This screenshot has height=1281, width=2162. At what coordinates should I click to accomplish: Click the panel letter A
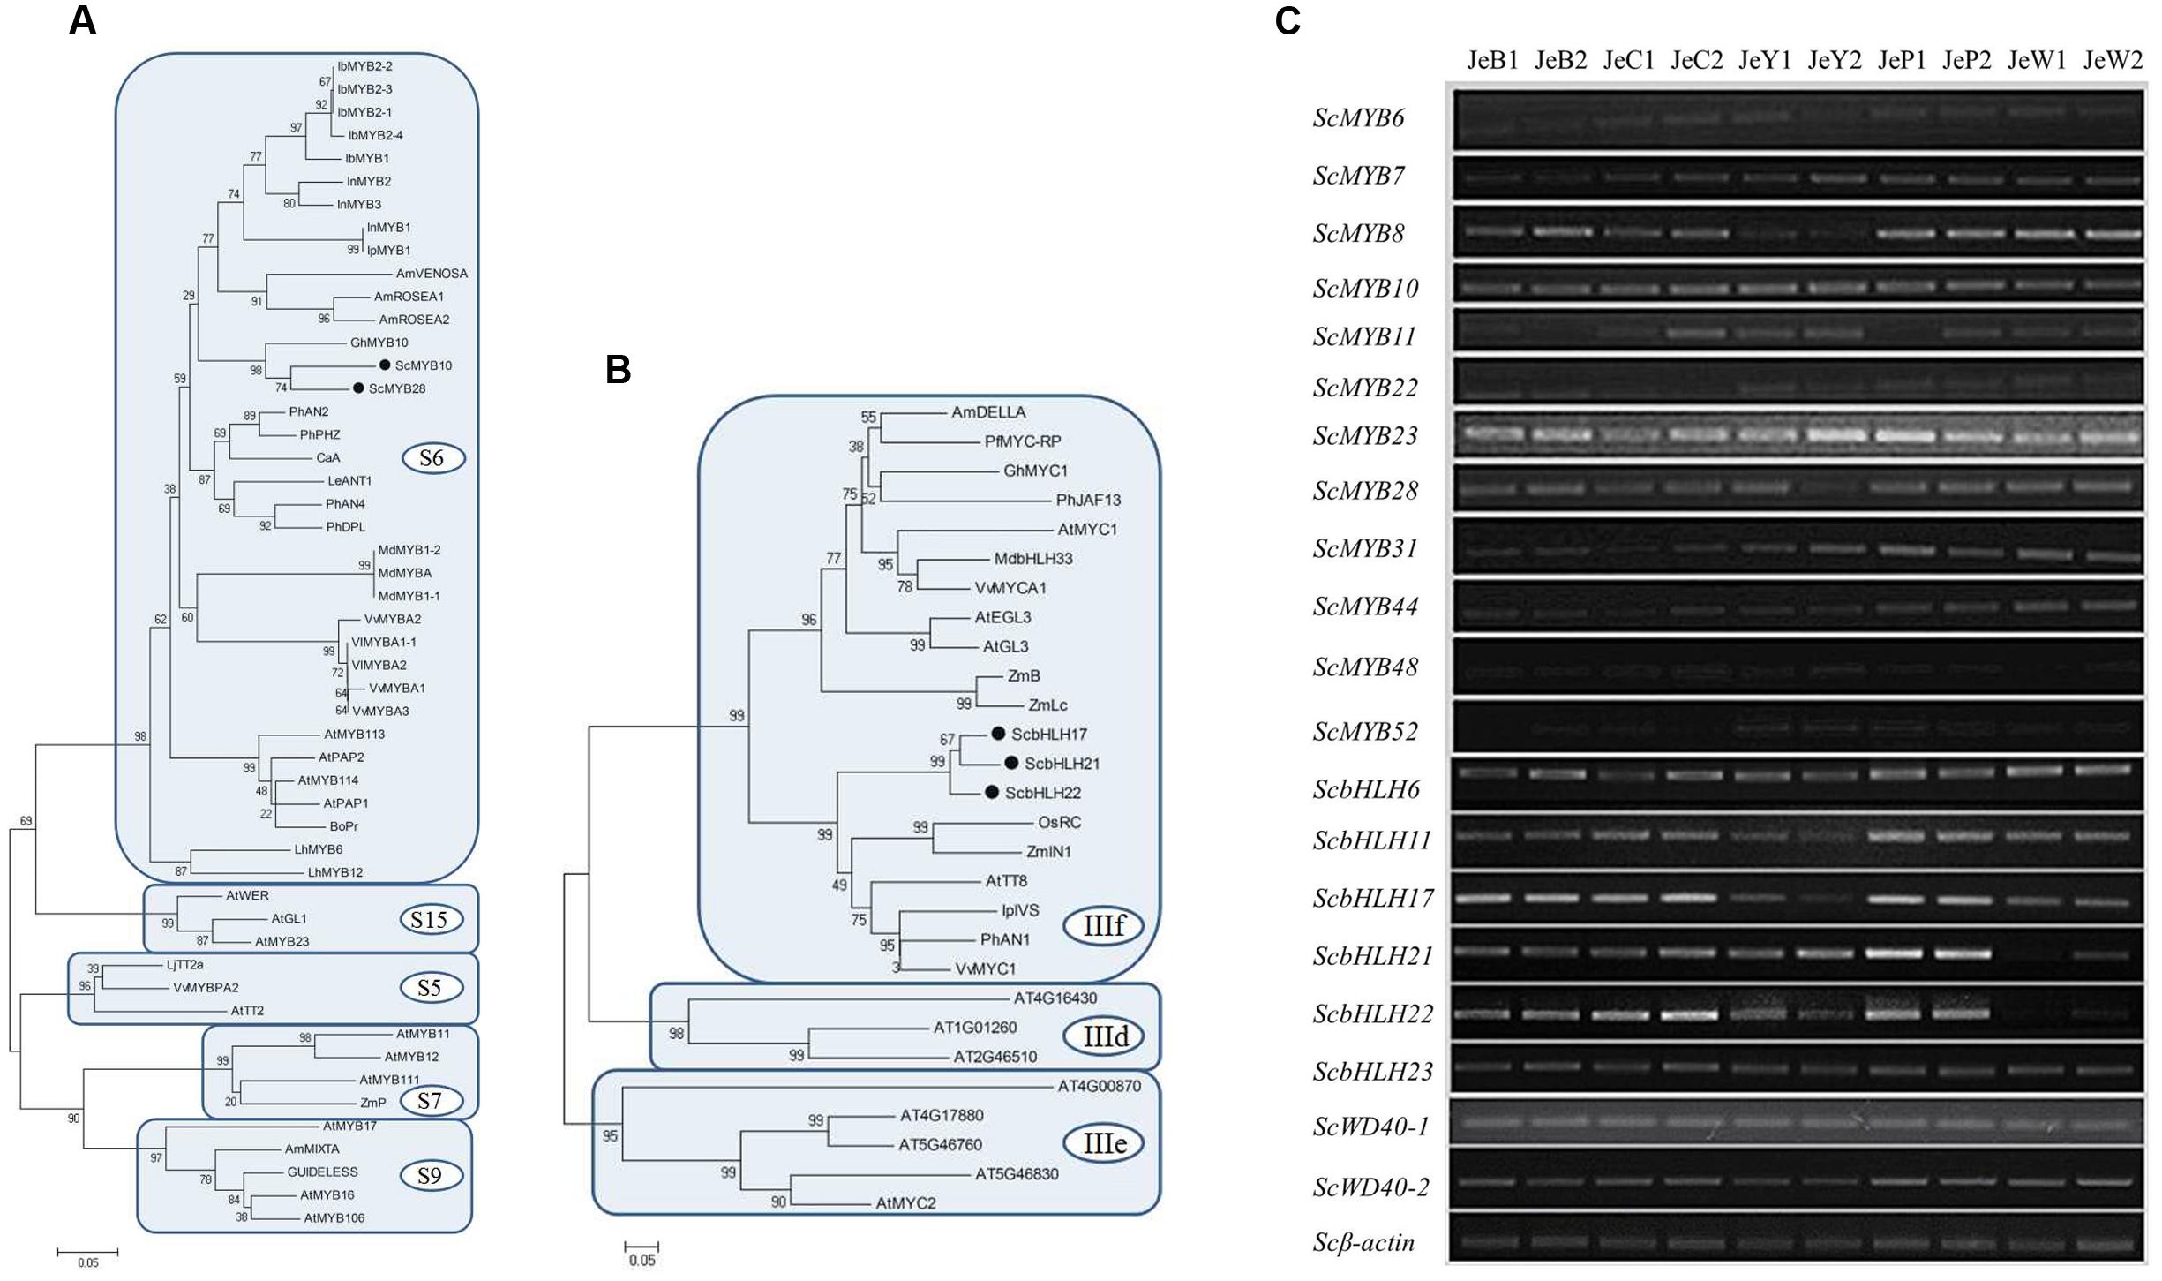coord(82,20)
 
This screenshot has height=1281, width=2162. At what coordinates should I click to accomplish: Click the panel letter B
coord(618,370)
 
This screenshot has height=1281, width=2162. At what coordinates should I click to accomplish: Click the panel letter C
coord(1287,20)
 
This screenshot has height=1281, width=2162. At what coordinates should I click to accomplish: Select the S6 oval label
coord(432,458)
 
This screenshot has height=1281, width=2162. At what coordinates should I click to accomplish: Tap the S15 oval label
coord(429,920)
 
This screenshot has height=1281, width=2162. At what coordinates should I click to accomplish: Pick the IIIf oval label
coord(1103,925)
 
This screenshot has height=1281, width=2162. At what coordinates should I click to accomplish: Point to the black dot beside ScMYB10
coord(385,365)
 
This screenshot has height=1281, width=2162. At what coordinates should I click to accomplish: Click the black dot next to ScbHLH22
coord(992,793)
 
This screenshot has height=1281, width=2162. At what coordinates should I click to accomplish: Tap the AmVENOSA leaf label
coord(432,274)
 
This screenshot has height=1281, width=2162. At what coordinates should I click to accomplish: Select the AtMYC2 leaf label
coord(905,1203)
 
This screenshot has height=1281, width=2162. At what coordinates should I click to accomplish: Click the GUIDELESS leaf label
coord(322,1172)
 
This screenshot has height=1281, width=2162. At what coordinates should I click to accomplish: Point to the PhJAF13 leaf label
coord(1088,501)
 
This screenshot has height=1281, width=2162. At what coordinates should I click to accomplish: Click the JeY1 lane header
coord(1765,60)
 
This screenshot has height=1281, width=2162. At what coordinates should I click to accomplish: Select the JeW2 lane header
coord(2113,60)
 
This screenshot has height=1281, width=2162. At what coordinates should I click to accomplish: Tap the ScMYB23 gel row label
coord(1364,436)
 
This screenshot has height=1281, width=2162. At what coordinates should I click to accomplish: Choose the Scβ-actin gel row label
coord(1363,1243)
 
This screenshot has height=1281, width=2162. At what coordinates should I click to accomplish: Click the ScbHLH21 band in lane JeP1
coord(1894,953)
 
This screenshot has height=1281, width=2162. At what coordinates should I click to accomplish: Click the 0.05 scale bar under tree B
coord(642,1247)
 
